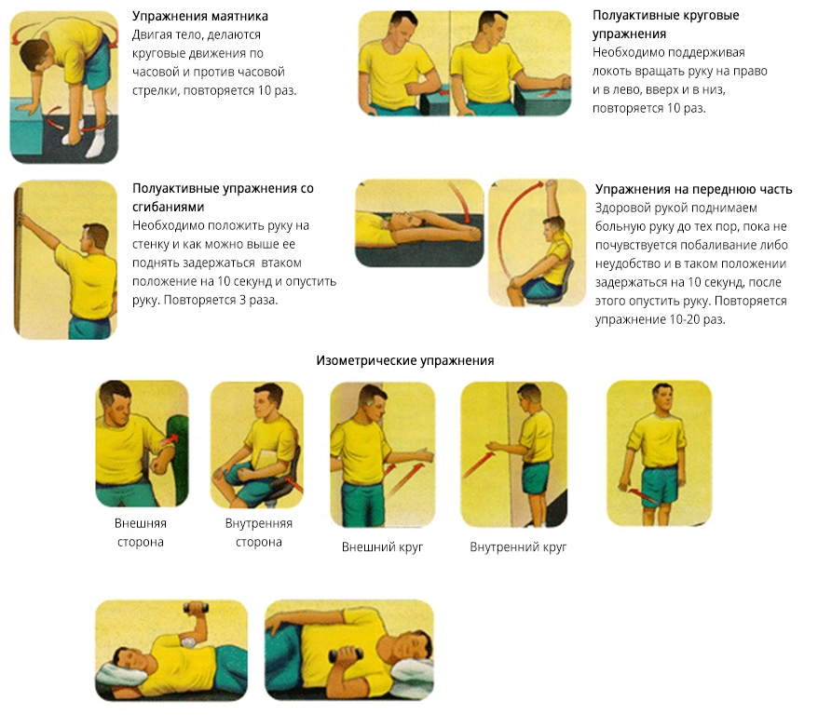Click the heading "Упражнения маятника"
coord(199,16)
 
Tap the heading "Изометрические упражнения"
coord(405,360)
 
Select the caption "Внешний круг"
coord(382,547)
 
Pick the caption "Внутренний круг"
coord(518,547)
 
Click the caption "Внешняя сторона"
coord(141,533)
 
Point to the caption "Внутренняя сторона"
coord(259,533)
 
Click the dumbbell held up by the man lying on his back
coord(196,608)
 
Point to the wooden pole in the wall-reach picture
coord(18,261)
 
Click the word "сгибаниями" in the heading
coord(168,207)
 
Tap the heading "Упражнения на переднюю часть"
coord(694,189)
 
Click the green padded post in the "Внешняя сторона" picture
coord(179,459)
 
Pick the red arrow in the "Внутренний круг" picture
coord(478,464)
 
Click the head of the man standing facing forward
coord(661,398)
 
